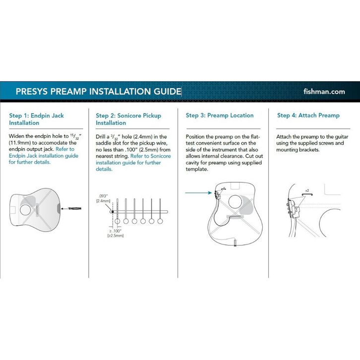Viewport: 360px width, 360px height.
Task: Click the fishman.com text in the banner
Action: [x=330, y=92]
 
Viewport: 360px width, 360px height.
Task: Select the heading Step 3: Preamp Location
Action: [x=220, y=116]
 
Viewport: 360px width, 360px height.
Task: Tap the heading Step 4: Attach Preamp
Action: [x=308, y=116]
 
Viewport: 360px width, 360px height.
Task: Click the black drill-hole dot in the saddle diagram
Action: [x=113, y=212]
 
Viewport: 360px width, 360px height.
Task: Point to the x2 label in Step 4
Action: [x=307, y=190]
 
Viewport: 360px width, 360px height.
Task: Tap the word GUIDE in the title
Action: [x=165, y=92]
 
